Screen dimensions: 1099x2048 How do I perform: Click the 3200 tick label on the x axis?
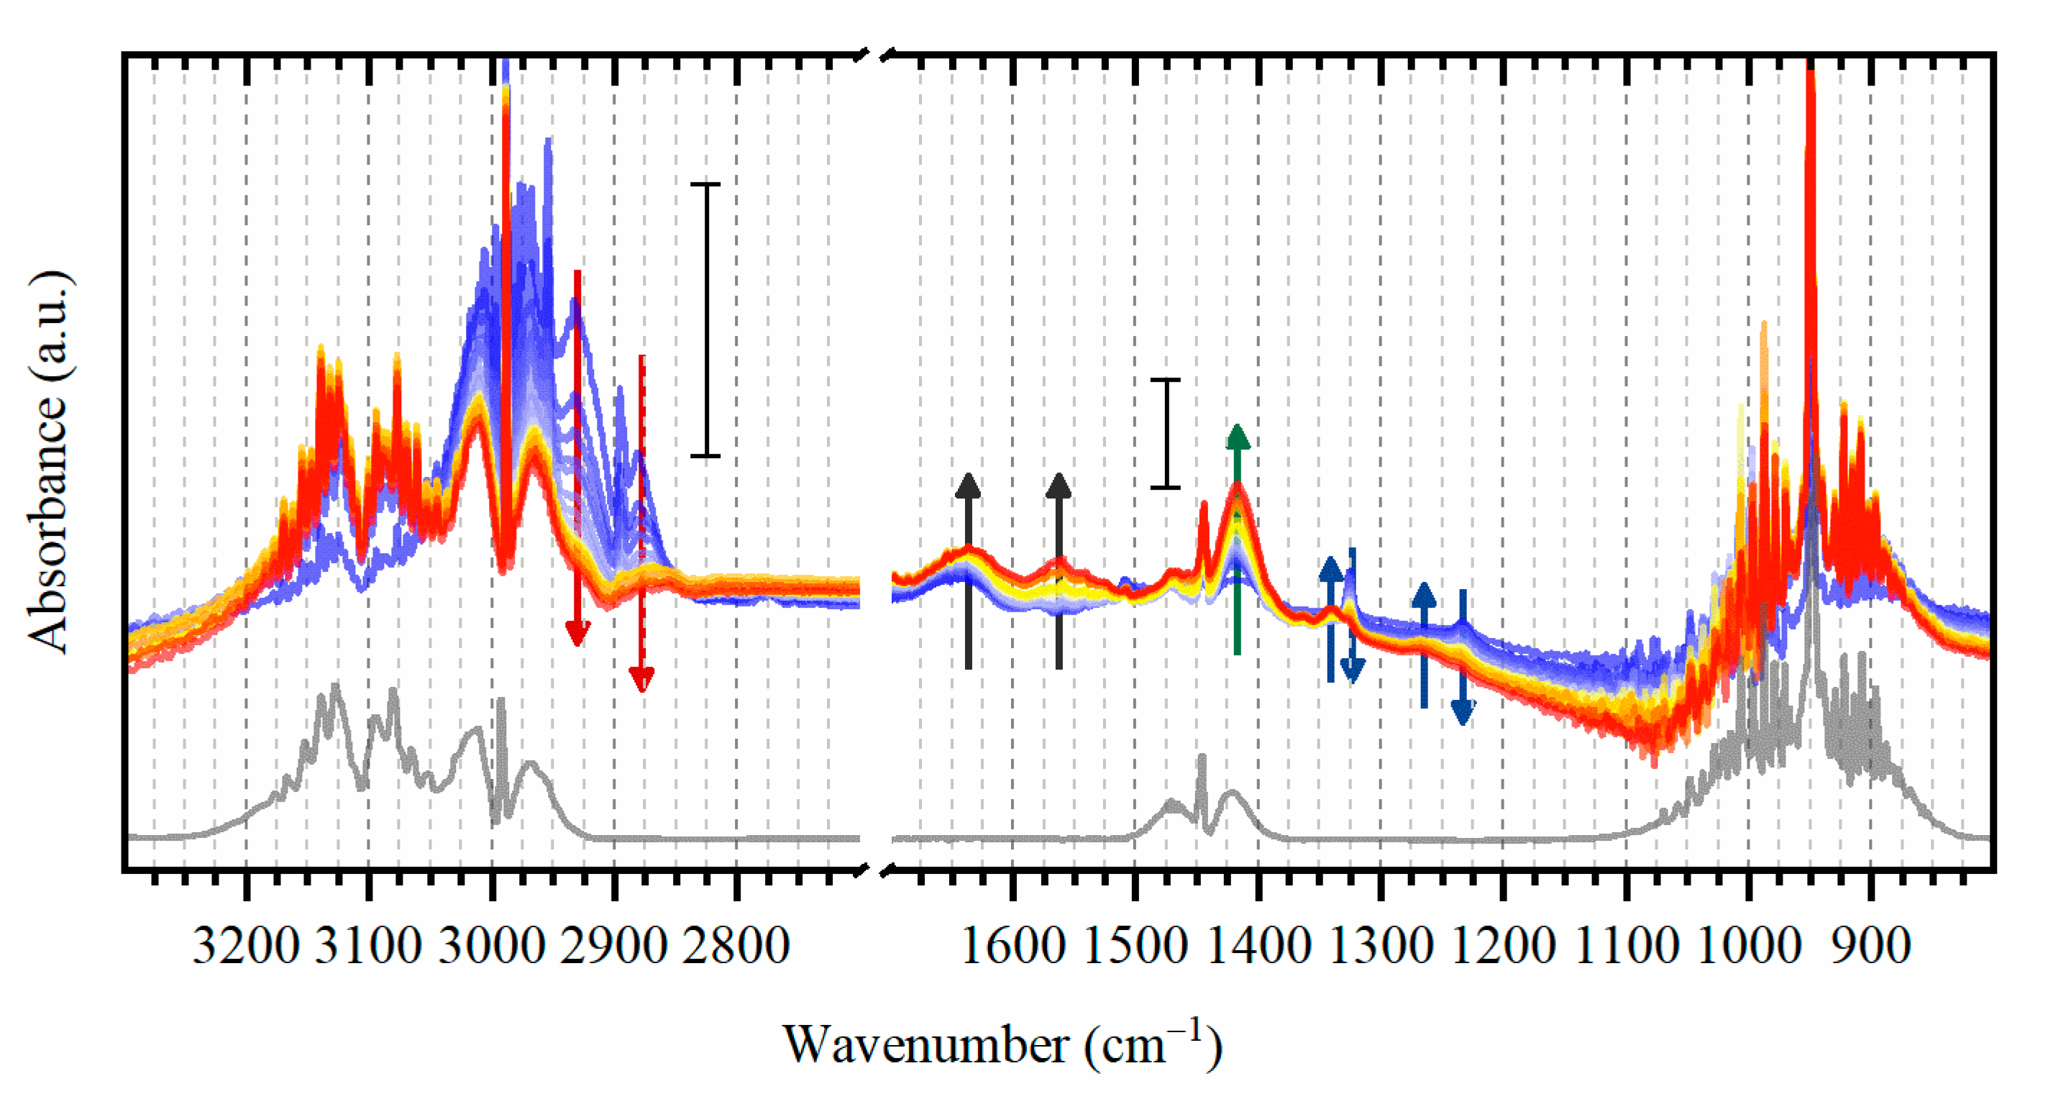tap(246, 947)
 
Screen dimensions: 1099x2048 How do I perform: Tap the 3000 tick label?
tap(491, 947)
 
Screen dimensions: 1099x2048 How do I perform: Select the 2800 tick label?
tap(736, 947)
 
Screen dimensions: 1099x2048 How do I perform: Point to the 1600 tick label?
tap(1013, 947)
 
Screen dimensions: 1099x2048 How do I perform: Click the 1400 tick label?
tap(1258, 947)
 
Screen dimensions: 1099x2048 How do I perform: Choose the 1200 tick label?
tap(1504, 947)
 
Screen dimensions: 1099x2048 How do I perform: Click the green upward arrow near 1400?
tap(1237, 541)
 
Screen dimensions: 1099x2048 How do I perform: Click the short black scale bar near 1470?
tap(1166, 434)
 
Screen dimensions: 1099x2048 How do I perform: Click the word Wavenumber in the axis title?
tap(926, 1045)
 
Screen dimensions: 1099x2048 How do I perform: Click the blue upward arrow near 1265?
tap(1424, 644)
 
